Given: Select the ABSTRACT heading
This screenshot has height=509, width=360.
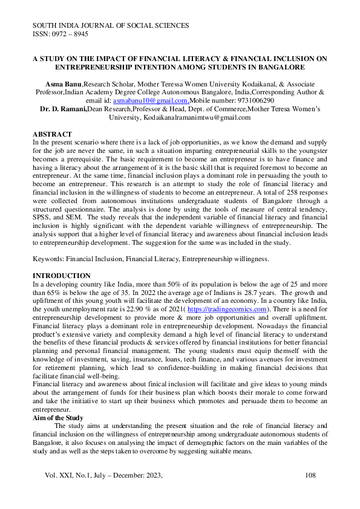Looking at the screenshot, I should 52,134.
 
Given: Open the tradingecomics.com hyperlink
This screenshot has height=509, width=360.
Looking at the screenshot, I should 233,308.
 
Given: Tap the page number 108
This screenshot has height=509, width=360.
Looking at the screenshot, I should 310,476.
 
